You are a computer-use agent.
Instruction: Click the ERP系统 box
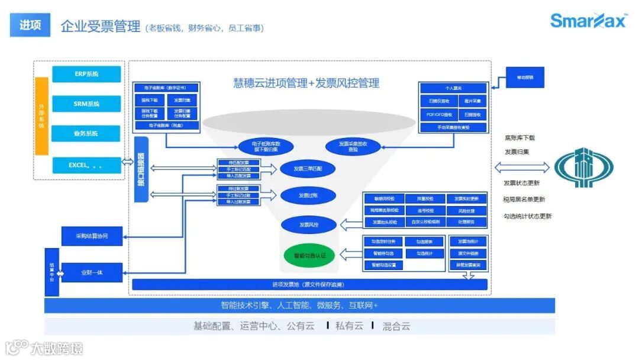click(86, 74)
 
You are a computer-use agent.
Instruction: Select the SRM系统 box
click(86, 104)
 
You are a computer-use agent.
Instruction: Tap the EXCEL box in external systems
click(86, 165)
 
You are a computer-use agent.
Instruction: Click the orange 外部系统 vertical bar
click(41, 116)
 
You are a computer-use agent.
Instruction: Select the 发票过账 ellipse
click(308, 195)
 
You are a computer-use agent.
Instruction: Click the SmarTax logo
click(588, 22)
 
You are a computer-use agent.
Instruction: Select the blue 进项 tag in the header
click(30, 25)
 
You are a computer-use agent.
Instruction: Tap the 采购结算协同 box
click(92, 236)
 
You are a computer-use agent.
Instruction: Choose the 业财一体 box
click(92, 272)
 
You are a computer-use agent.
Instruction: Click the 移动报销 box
click(524, 78)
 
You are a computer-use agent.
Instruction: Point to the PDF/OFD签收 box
click(439, 114)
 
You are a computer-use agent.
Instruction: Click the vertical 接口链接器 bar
click(141, 169)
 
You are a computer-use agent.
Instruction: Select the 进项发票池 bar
click(309, 285)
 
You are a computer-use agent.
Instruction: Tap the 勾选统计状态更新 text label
click(527, 216)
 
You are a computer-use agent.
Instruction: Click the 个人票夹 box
click(453, 88)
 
